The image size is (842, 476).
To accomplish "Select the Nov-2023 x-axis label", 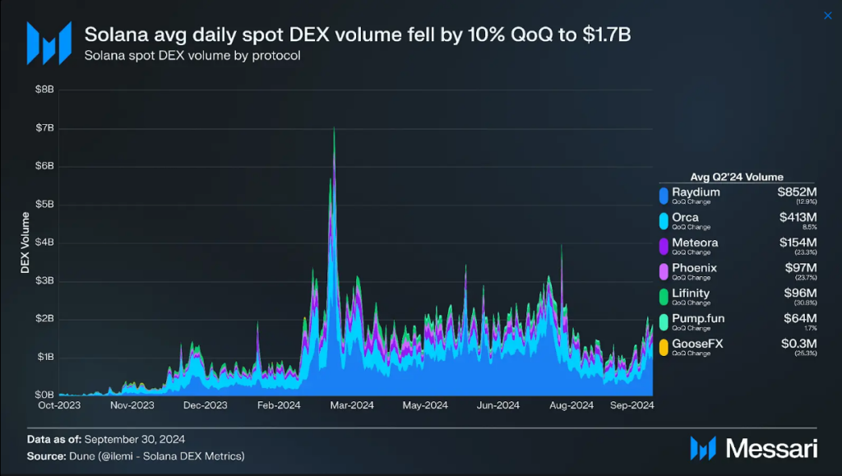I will pyautogui.click(x=132, y=404).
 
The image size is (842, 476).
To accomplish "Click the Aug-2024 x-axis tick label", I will pyautogui.click(x=571, y=404).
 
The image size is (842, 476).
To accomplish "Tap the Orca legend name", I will pyautogui.click(x=685, y=217).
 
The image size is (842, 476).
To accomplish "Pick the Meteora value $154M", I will pyautogui.click(x=798, y=243).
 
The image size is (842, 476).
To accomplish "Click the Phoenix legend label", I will pyautogui.click(x=694, y=267).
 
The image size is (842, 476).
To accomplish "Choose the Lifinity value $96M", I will pyautogui.click(x=800, y=293).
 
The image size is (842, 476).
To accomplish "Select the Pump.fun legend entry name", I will pyautogui.click(x=698, y=317).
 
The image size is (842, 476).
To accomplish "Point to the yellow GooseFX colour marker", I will pyautogui.click(x=663, y=346).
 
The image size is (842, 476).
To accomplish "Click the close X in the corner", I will pyautogui.click(x=827, y=16).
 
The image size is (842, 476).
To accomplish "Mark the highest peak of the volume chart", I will pyautogui.click(x=334, y=128).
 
